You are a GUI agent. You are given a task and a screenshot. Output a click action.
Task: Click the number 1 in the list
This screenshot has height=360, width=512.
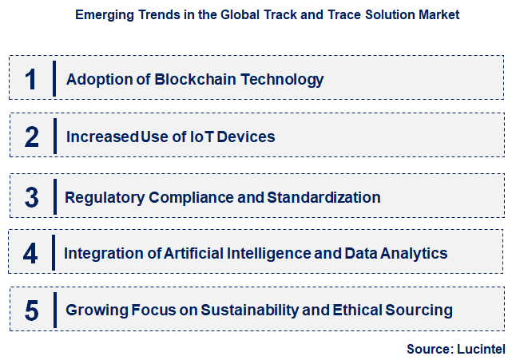pos(31,79)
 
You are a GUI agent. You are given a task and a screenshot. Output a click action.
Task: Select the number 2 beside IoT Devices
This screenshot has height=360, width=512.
pos(32,136)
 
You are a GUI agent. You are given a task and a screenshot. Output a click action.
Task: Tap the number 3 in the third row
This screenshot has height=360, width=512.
pos(32,196)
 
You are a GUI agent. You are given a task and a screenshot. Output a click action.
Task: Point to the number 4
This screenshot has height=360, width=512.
pos(31,254)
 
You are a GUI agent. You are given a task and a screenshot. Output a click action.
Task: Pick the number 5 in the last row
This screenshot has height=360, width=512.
pos(32,311)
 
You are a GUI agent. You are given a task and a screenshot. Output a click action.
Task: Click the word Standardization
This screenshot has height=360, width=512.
pos(326,196)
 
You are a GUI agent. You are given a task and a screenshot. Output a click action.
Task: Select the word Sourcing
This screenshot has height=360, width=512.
pos(422,311)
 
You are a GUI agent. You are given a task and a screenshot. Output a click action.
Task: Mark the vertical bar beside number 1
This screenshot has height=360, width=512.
pos(54,79)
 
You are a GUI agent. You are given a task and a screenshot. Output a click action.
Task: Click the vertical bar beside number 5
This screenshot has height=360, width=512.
pos(54,311)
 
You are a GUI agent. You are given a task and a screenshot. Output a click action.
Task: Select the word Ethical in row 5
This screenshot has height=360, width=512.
pos(363,311)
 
